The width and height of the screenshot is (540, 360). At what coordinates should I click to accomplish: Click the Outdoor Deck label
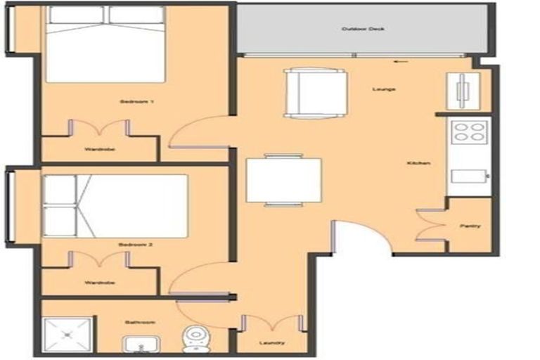point(352,29)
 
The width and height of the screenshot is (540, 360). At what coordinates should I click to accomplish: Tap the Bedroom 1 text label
point(136,102)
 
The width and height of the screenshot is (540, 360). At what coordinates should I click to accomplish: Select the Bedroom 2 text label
point(133,244)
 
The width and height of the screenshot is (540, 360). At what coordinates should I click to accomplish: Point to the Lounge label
point(384,89)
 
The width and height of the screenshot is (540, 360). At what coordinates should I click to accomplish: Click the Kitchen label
point(418,163)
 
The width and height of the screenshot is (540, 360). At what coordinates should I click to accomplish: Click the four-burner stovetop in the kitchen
point(469,131)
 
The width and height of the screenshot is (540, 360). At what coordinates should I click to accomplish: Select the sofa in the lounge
point(316,93)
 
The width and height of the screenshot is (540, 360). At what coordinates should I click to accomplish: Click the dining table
point(283,181)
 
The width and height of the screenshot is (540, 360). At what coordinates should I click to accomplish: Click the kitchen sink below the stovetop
point(468,176)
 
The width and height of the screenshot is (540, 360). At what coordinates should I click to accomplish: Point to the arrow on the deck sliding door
point(400,62)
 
